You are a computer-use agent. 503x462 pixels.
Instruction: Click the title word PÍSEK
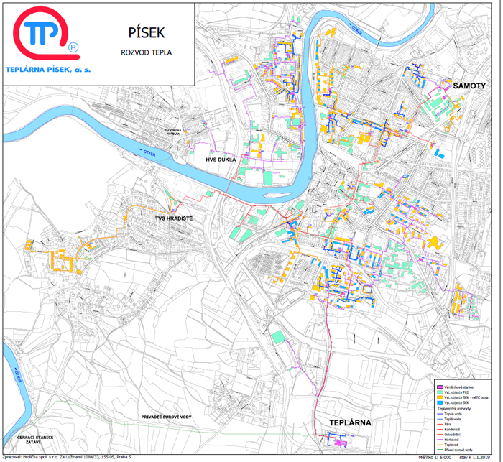click(x=133, y=32)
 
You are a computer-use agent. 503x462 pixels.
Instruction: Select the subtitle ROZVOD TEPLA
click(x=133, y=52)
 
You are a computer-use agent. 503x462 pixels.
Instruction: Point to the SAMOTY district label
click(x=469, y=86)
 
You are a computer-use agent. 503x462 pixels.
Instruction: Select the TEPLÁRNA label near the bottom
click(x=349, y=422)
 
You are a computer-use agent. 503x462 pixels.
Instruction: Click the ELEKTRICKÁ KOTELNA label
click(x=175, y=132)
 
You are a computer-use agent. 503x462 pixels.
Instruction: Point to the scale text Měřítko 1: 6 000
click(x=439, y=457)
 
